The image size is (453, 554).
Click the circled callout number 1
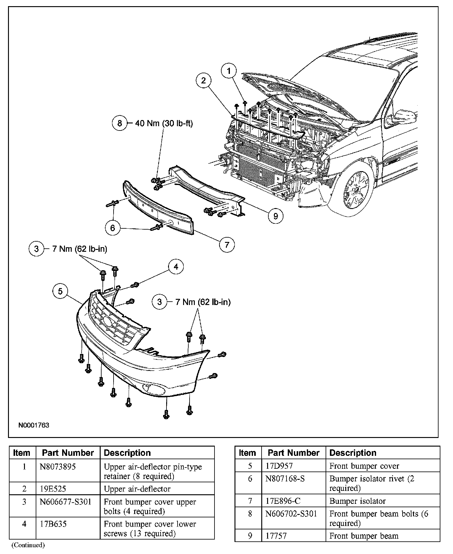pos(229,71)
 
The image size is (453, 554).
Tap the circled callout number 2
pos(203,81)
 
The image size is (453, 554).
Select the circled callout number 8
pos(120,123)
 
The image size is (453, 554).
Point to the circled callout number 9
pos(275,216)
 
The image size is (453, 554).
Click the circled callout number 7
pos(227,245)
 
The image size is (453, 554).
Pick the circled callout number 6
pos(113,228)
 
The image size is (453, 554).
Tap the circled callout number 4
pos(176,267)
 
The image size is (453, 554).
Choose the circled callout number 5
pos(60,291)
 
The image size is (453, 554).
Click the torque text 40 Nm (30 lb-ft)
pos(164,123)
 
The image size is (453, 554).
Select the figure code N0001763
pos(34,425)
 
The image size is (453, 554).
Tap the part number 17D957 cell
pos(279,466)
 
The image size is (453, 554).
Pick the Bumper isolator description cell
pos(357,501)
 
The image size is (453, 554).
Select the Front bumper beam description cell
pos(364,536)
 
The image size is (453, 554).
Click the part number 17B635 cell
pos(53,524)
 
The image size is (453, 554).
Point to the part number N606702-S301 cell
pos(291,514)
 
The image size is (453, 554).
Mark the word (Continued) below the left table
pos(28,545)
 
